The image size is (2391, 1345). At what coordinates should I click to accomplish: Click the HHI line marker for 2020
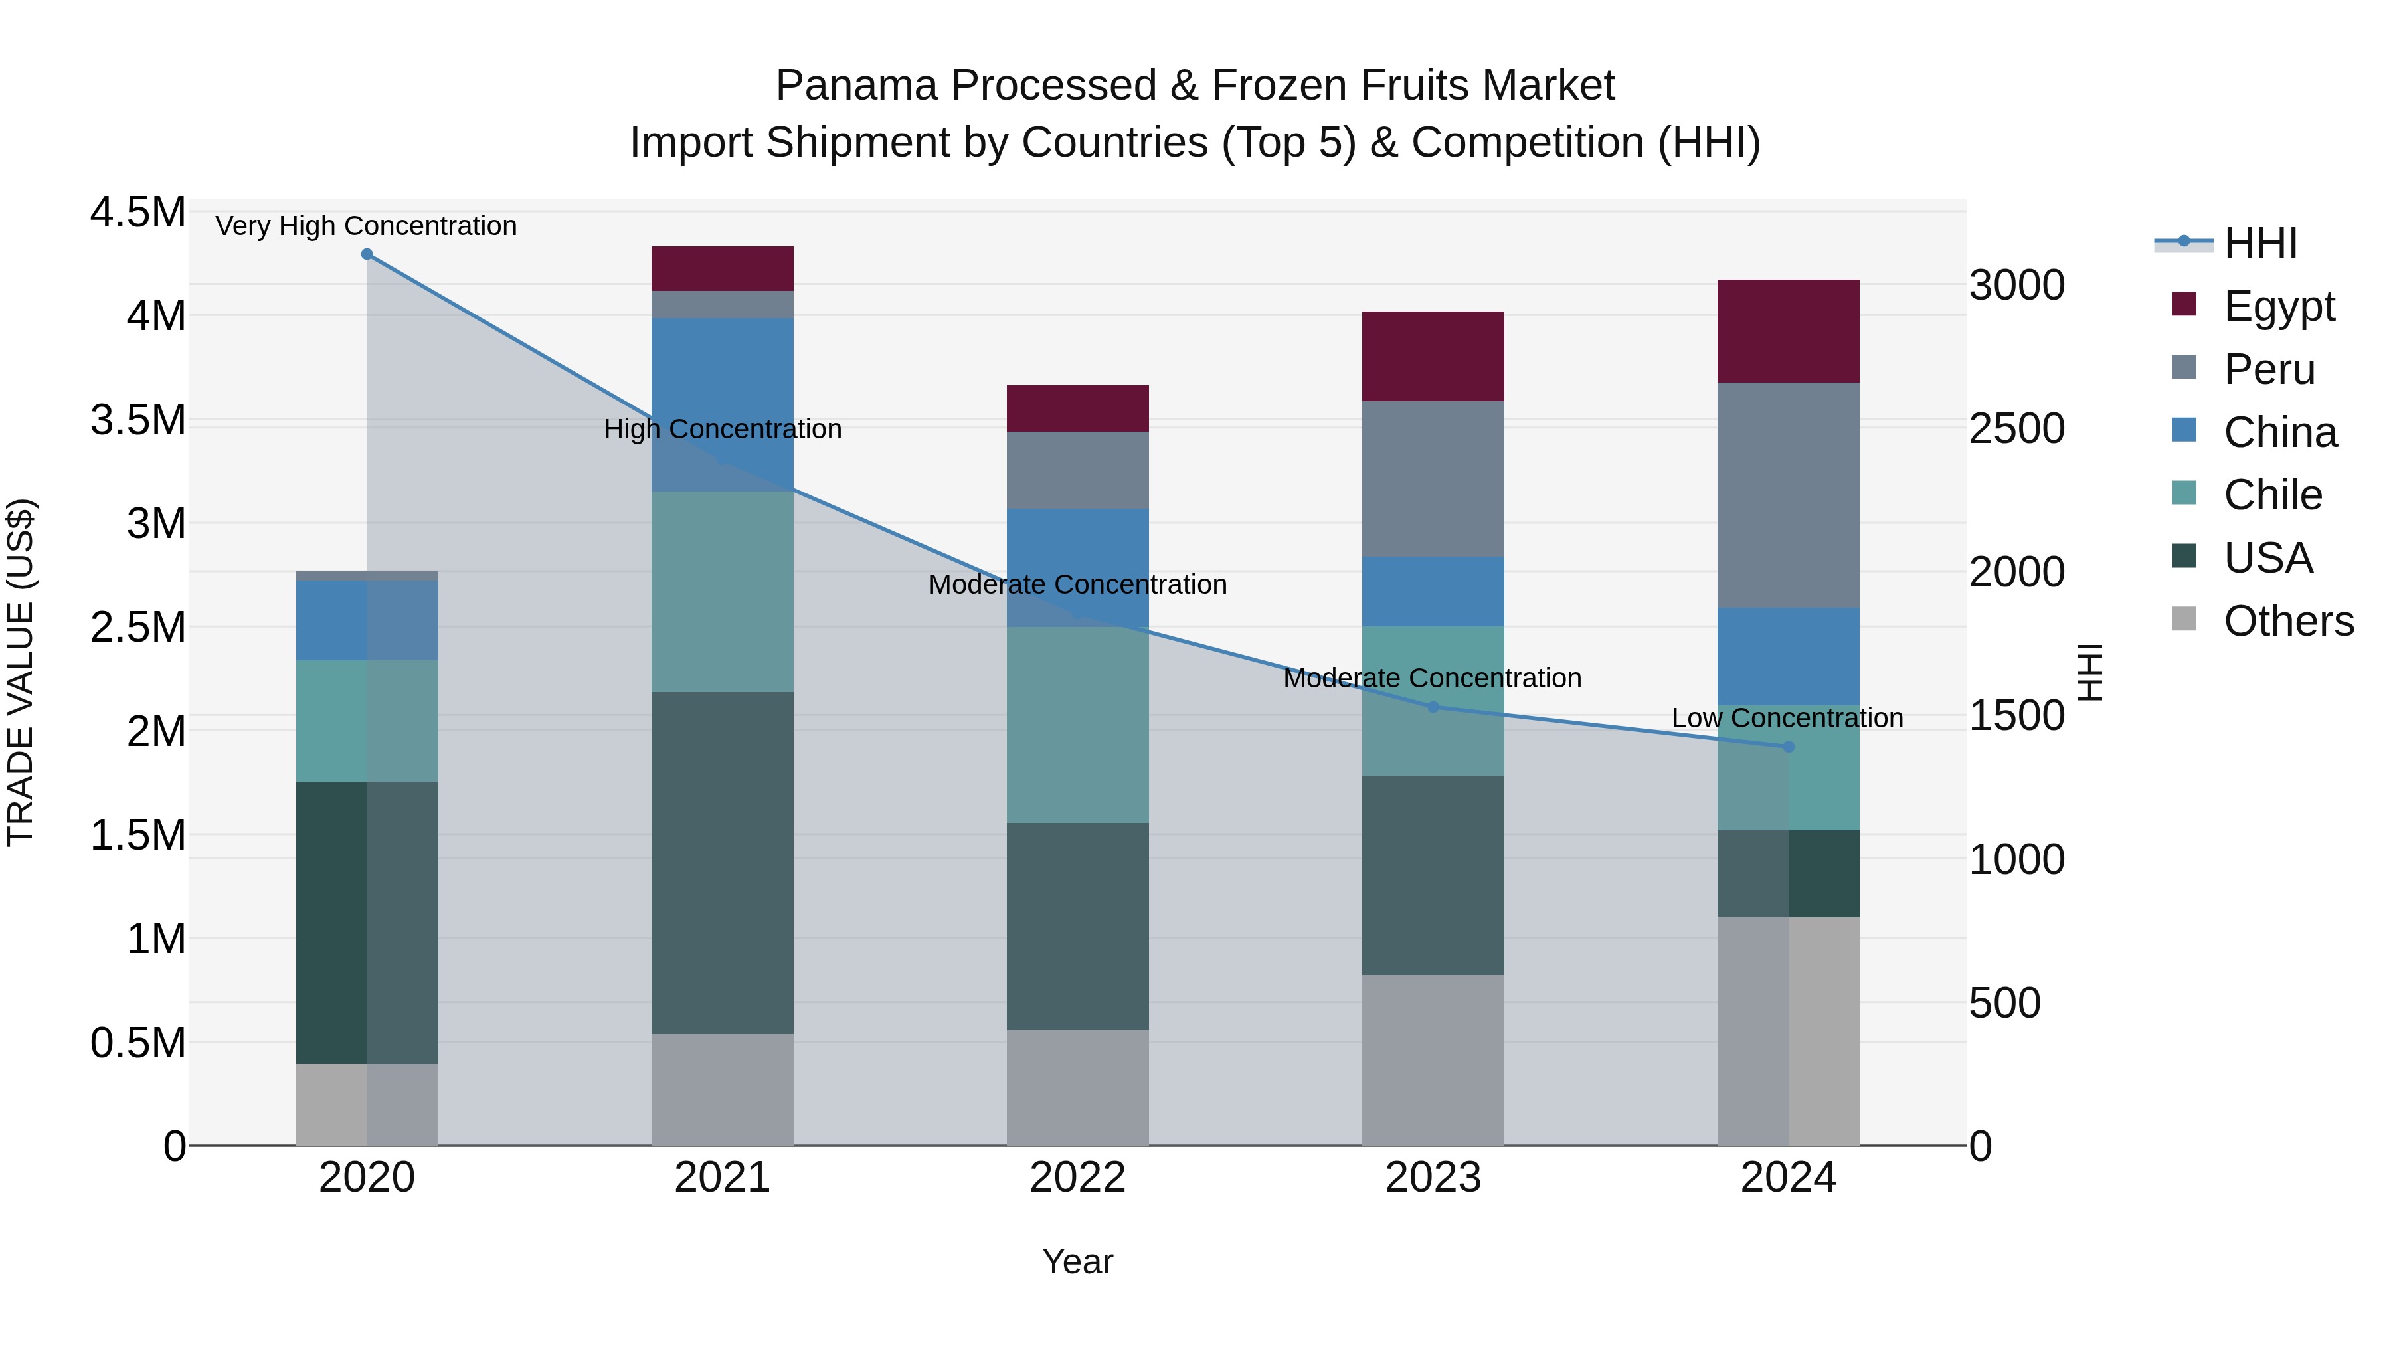click(x=367, y=254)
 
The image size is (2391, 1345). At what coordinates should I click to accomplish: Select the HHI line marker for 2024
click(x=1789, y=747)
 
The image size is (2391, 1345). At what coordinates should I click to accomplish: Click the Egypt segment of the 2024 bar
click(x=1788, y=331)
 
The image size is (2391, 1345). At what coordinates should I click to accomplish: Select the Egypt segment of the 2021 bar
click(x=722, y=269)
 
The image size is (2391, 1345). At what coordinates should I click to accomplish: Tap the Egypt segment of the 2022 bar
click(x=1078, y=408)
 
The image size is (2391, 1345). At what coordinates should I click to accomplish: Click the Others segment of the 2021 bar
click(x=722, y=1090)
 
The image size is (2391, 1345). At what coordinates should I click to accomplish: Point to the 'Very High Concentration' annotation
click(x=366, y=226)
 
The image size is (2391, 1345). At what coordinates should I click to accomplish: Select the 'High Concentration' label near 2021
click(x=722, y=430)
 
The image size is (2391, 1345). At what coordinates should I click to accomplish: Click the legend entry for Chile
click(x=2272, y=495)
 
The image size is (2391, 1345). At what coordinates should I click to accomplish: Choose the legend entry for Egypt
click(x=2278, y=306)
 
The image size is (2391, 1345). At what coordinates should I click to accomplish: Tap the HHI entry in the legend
click(x=2259, y=243)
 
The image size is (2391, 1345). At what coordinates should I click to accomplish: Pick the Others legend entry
click(x=2288, y=621)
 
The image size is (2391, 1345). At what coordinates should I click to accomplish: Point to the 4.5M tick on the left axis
click(x=137, y=213)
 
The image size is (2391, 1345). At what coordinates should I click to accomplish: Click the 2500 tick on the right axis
click(x=2016, y=429)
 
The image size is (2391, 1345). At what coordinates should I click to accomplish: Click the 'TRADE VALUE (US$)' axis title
click(x=21, y=672)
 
